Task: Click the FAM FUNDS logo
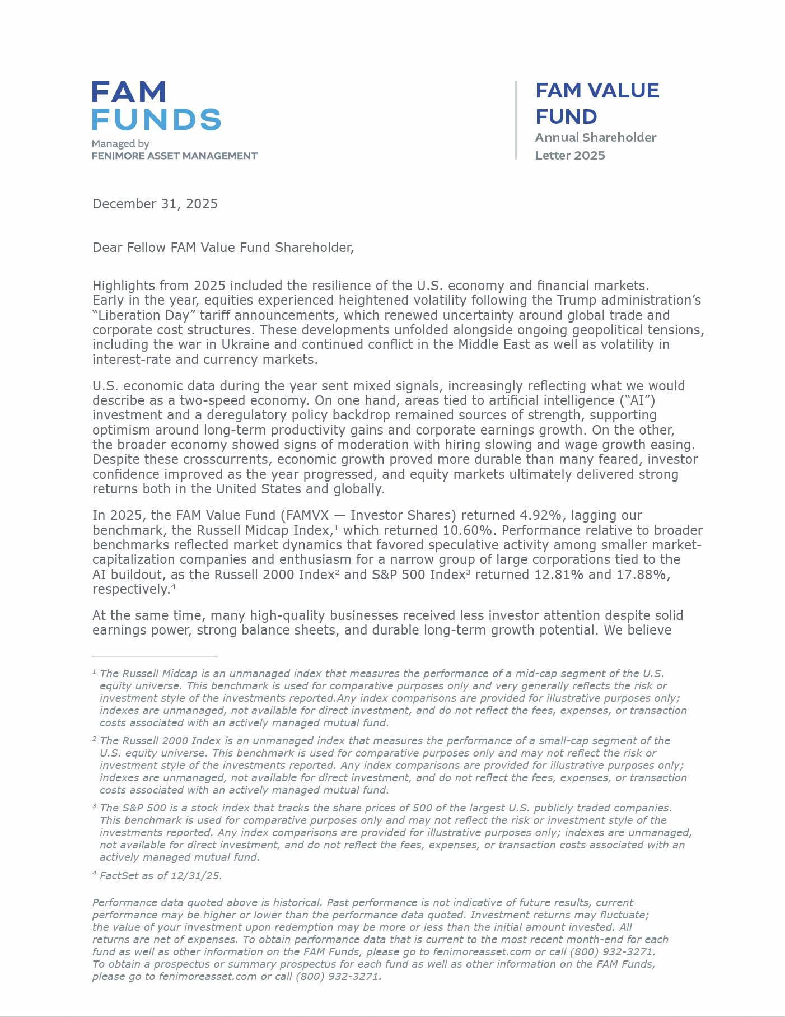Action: click(x=156, y=106)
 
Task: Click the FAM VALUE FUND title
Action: click(x=597, y=104)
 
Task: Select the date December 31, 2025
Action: click(x=155, y=204)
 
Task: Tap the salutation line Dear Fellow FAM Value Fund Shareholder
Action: click(x=223, y=248)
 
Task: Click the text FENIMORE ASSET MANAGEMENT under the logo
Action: click(x=174, y=156)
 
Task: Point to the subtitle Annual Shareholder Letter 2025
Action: click(x=595, y=146)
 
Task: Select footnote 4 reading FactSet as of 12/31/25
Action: click(x=160, y=876)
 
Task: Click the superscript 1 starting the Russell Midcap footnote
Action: click(x=94, y=671)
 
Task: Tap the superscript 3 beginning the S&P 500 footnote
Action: click(x=94, y=806)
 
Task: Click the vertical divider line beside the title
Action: click(x=516, y=120)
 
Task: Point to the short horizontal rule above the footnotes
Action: click(x=155, y=656)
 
